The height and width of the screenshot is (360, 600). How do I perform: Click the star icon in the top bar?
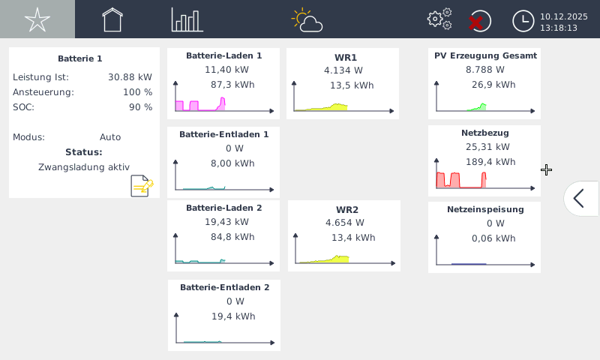37,19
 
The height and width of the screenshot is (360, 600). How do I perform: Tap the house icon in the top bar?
112,19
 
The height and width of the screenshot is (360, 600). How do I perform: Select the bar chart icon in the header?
187,19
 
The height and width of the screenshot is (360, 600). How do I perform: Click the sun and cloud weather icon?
307,20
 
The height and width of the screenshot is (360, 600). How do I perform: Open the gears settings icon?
439,19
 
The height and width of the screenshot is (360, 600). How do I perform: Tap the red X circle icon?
478,21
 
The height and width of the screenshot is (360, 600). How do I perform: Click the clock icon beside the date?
523,21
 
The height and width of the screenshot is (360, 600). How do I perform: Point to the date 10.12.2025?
563,15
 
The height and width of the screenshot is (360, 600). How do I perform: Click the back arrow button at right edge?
579,198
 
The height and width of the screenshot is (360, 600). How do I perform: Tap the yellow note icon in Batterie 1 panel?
142,185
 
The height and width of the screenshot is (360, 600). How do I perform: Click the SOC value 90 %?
140,107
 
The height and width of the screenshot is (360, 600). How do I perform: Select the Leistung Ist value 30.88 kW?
130,77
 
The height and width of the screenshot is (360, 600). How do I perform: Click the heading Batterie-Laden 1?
223,55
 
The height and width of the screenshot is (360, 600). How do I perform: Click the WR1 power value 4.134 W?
343,70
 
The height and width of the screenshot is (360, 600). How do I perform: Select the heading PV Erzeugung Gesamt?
485,55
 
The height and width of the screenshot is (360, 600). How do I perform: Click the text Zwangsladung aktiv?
84,167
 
